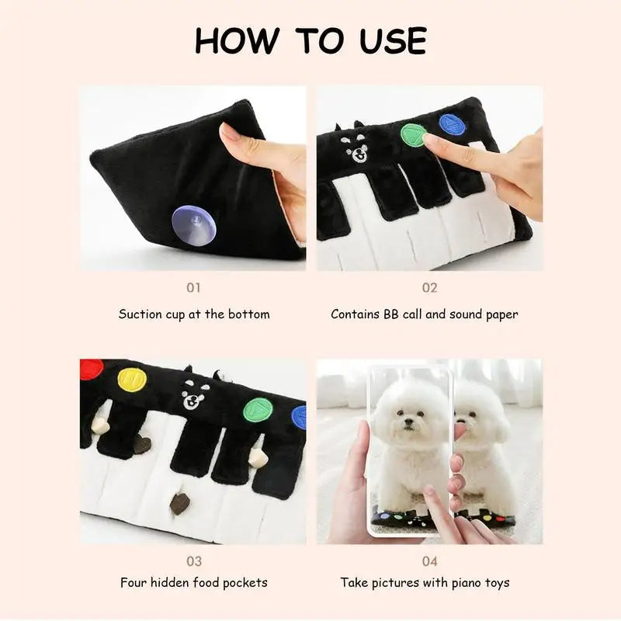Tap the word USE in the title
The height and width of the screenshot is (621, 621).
point(394,41)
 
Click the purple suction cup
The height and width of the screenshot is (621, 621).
point(195,225)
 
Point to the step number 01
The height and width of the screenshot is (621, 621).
point(193,287)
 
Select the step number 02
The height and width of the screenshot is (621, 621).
point(430,287)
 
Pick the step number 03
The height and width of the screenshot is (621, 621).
point(194,561)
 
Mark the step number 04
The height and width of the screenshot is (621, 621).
point(430,561)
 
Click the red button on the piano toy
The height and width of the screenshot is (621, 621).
point(91,369)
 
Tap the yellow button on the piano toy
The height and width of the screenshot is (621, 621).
point(132,380)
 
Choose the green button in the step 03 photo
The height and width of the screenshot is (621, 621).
point(258,410)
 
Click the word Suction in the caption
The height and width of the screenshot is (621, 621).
point(135,314)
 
